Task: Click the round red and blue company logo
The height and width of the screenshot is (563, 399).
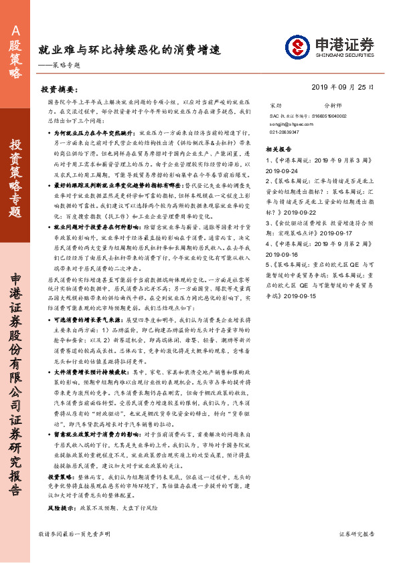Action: [x=297, y=47]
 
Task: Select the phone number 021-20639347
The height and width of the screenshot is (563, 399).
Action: [x=285, y=132]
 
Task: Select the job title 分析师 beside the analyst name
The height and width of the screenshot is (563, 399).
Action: [x=333, y=106]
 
